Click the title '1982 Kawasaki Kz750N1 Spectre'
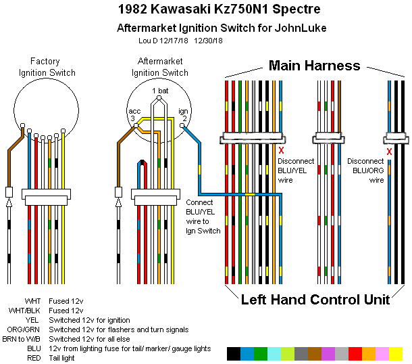pyautogui.click(x=207, y=10)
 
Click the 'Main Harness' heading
pyautogui.click(x=314, y=65)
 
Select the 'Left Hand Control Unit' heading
pyautogui.click(x=315, y=299)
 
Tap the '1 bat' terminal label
pyautogui.click(x=160, y=91)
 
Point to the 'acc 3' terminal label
pyautogui.click(x=135, y=114)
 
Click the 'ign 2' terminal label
pyautogui.click(x=183, y=114)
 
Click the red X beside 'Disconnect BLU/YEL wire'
pyautogui.click(x=281, y=150)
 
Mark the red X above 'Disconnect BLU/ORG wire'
pyautogui.click(x=389, y=152)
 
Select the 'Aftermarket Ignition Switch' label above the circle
pyautogui.click(x=159, y=67)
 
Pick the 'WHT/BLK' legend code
pyautogui.click(x=27, y=311)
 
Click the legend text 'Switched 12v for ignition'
pyautogui.click(x=90, y=320)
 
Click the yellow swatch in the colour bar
pyautogui.click(x=396, y=353)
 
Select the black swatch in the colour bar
pyautogui.click(x=234, y=353)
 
